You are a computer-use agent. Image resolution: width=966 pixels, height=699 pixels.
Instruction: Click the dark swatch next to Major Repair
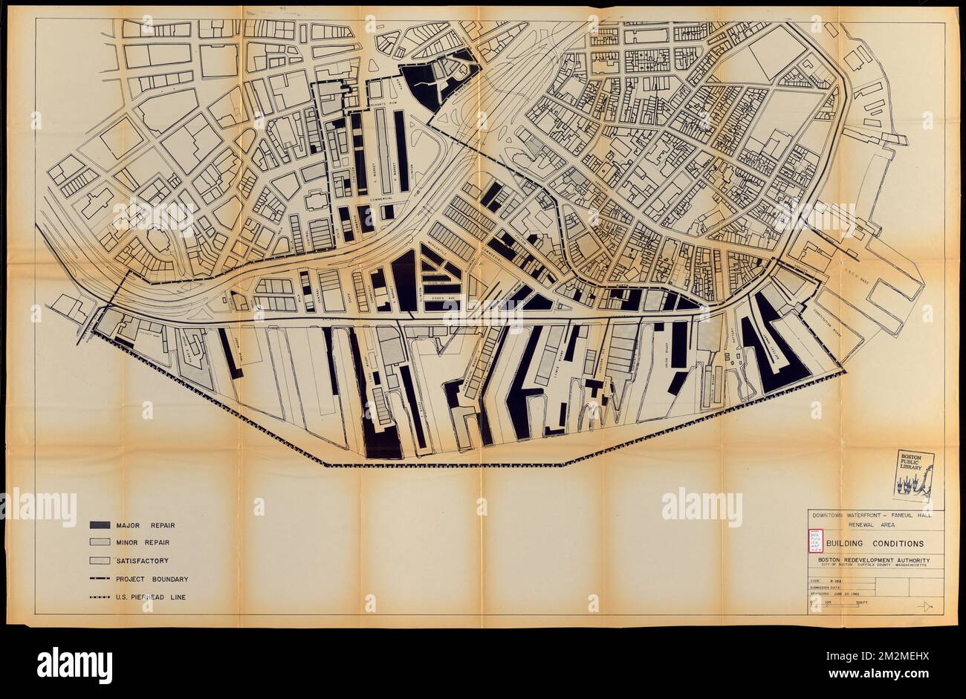(x=100, y=525)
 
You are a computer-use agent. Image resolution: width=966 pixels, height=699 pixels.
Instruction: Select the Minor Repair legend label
(x=143, y=543)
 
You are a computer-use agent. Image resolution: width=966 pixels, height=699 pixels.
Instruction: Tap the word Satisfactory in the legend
(x=142, y=561)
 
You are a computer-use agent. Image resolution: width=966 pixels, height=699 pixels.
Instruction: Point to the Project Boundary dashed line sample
(x=100, y=579)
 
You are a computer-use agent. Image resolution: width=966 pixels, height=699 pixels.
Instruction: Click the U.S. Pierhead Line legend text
(x=150, y=597)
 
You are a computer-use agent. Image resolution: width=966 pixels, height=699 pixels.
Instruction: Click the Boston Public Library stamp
(x=913, y=475)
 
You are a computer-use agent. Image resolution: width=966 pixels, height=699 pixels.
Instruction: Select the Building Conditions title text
(x=883, y=544)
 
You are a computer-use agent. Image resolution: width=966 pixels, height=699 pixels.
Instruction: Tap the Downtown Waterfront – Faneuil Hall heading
(x=875, y=514)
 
